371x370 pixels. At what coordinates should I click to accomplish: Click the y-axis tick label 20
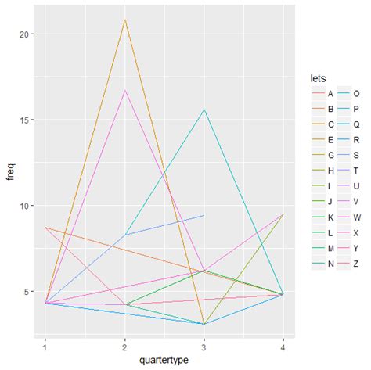(x=23, y=34)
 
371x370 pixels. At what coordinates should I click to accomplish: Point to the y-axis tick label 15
(x=23, y=120)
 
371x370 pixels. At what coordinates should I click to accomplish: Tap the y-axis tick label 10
(x=23, y=206)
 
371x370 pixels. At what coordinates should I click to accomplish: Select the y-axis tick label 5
(x=26, y=292)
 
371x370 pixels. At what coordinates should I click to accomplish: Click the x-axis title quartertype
(x=164, y=361)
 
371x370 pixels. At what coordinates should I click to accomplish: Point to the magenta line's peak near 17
(x=124, y=91)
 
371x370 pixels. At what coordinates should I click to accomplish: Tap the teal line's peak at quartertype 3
(x=204, y=110)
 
